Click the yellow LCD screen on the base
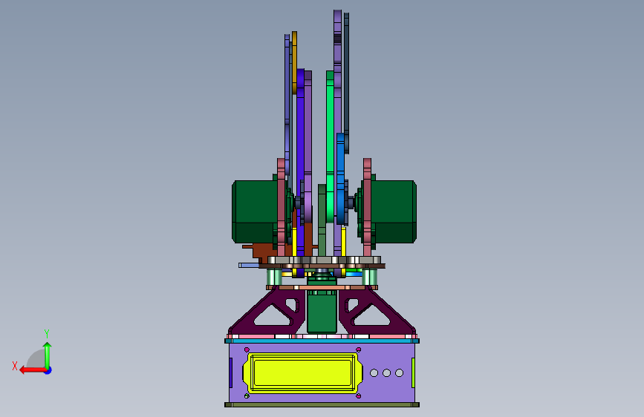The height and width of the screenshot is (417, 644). tap(303, 373)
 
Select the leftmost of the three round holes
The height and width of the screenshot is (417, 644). tap(374, 372)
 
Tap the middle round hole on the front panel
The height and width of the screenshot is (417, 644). tap(386, 372)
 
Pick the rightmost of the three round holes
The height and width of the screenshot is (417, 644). tap(399, 372)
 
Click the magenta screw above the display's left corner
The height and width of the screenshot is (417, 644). tap(247, 349)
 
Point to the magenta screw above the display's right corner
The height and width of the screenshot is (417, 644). tap(359, 349)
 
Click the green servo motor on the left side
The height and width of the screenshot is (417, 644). tap(255, 211)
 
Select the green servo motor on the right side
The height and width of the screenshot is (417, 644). tap(394, 211)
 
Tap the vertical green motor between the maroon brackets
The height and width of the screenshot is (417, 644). tap(322, 312)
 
